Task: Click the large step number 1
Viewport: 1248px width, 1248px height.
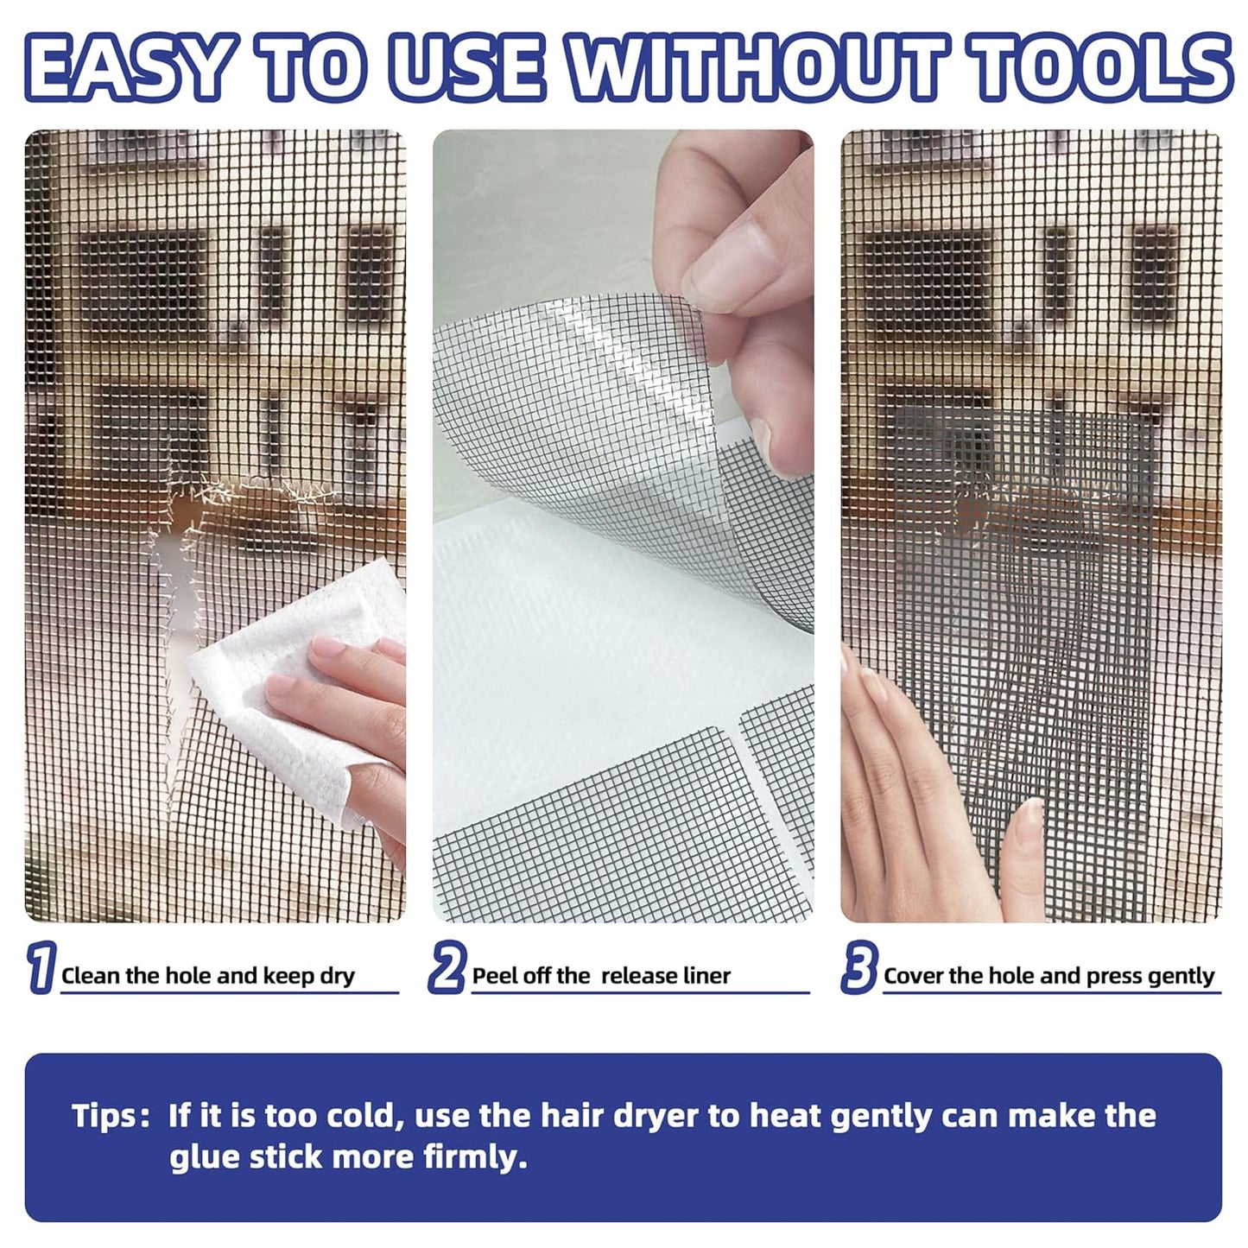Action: coord(41,967)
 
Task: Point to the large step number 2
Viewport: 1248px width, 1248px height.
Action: coord(447,967)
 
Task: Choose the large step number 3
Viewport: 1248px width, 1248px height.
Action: coord(859,967)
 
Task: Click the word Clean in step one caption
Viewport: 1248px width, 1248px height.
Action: coord(91,976)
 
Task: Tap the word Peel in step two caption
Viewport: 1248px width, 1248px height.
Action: coord(492,976)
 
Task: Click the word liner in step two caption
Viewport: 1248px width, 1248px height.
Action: coord(707,976)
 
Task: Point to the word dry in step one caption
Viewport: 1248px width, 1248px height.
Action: coord(337,976)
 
